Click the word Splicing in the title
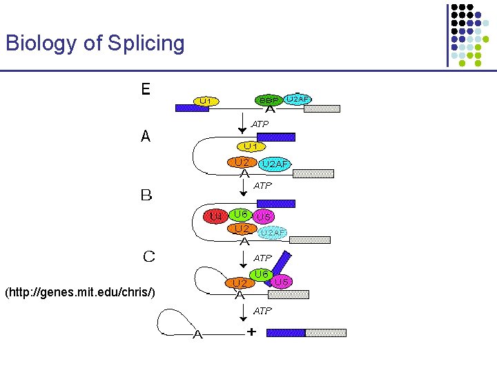(146, 44)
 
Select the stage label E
(146, 90)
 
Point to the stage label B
(146, 195)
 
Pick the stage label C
(148, 257)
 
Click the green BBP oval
(269, 100)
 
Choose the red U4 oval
(216, 216)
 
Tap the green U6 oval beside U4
(241, 214)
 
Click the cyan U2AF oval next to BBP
(298, 99)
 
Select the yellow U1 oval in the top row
(205, 101)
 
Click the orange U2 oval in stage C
(240, 283)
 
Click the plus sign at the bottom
(251, 332)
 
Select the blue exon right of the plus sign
(286, 333)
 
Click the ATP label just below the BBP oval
(260, 124)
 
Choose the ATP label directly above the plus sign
(262, 311)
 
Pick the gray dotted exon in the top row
(322, 108)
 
